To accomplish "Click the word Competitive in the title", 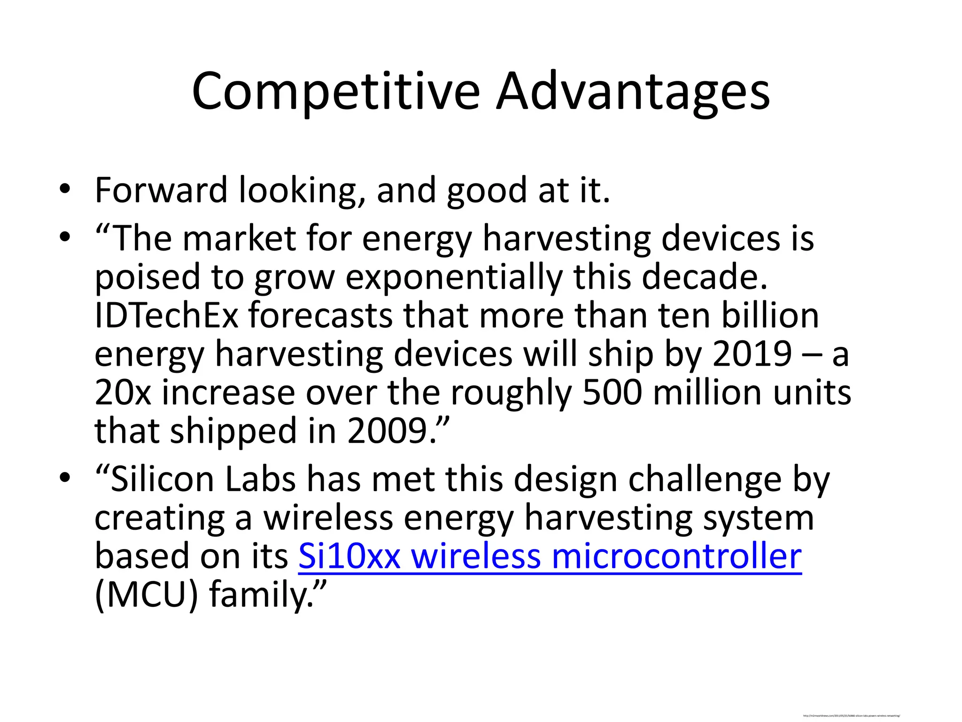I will pos(335,92).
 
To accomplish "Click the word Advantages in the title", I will pos(633,92).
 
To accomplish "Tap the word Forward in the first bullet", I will pos(161,190).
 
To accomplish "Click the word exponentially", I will pos(454,277).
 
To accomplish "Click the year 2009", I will pos(387,431).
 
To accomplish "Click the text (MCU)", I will pos(146,595).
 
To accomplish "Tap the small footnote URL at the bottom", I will pos(851,716).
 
